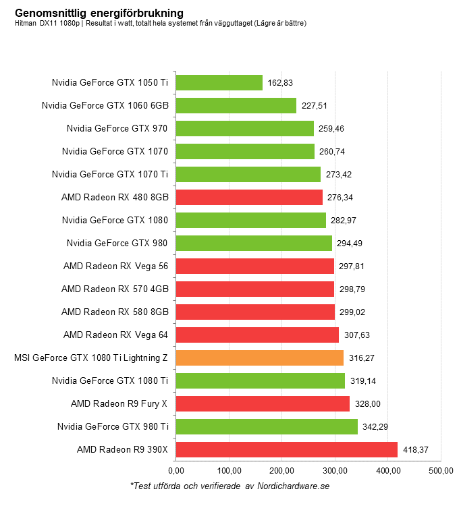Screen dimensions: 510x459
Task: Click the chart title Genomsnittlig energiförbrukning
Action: [x=99, y=13]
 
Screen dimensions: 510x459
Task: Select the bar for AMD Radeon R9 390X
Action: [x=286, y=449]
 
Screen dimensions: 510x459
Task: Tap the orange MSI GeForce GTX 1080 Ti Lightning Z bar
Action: [x=259, y=358]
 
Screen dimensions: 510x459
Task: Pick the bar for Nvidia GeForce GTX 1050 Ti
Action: [x=219, y=82]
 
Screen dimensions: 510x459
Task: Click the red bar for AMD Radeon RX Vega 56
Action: [x=254, y=266]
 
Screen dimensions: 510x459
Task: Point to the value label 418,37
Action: [x=416, y=450]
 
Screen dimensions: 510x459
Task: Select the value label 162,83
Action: [x=280, y=83]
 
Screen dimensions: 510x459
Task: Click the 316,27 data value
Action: [x=362, y=358]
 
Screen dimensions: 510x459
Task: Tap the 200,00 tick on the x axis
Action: [x=281, y=470]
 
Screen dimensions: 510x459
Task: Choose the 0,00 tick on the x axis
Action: [x=175, y=470]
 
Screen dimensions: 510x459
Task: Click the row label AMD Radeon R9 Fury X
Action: [x=119, y=403]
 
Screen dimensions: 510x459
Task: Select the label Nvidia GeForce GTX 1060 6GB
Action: [x=105, y=105]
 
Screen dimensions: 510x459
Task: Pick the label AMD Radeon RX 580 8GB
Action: [x=114, y=312]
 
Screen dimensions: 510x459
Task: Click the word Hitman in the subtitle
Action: [x=25, y=24]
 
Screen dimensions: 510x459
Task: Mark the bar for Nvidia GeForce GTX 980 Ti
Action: [x=267, y=426]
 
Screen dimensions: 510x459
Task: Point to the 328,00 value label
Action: [x=367, y=404]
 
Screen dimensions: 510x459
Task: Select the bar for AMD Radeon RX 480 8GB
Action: [x=249, y=197]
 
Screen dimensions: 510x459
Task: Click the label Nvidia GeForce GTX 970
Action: [x=117, y=128]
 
